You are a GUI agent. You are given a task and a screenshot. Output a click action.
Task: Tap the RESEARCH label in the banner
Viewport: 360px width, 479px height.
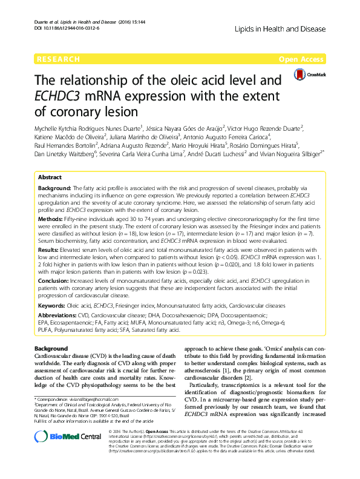coord(58,59)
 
